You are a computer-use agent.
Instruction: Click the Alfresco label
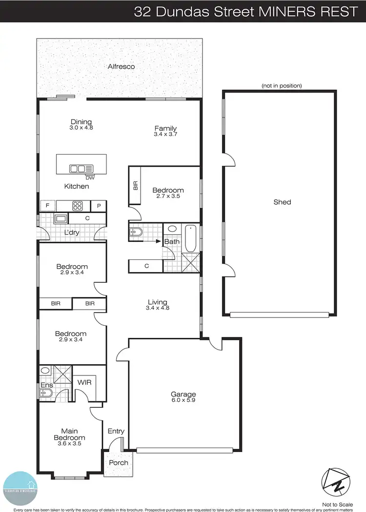click(x=121, y=66)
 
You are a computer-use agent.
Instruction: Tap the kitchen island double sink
click(x=78, y=169)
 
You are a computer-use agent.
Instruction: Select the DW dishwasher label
click(x=89, y=177)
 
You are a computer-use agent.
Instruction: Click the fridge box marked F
click(x=47, y=205)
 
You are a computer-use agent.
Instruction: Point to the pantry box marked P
click(x=99, y=206)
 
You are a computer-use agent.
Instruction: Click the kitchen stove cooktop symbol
click(x=78, y=205)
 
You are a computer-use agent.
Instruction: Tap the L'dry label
click(x=71, y=233)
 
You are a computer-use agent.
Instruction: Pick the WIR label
click(x=85, y=383)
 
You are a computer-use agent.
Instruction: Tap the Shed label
click(x=282, y=202)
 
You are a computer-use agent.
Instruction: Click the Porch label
click(x=118, y=462)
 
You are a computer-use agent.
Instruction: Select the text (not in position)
click(x=282, y=86)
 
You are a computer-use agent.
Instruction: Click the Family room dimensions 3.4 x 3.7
click(x=165, y=135)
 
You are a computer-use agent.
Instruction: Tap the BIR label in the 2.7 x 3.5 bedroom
click(x=135, y=185)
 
